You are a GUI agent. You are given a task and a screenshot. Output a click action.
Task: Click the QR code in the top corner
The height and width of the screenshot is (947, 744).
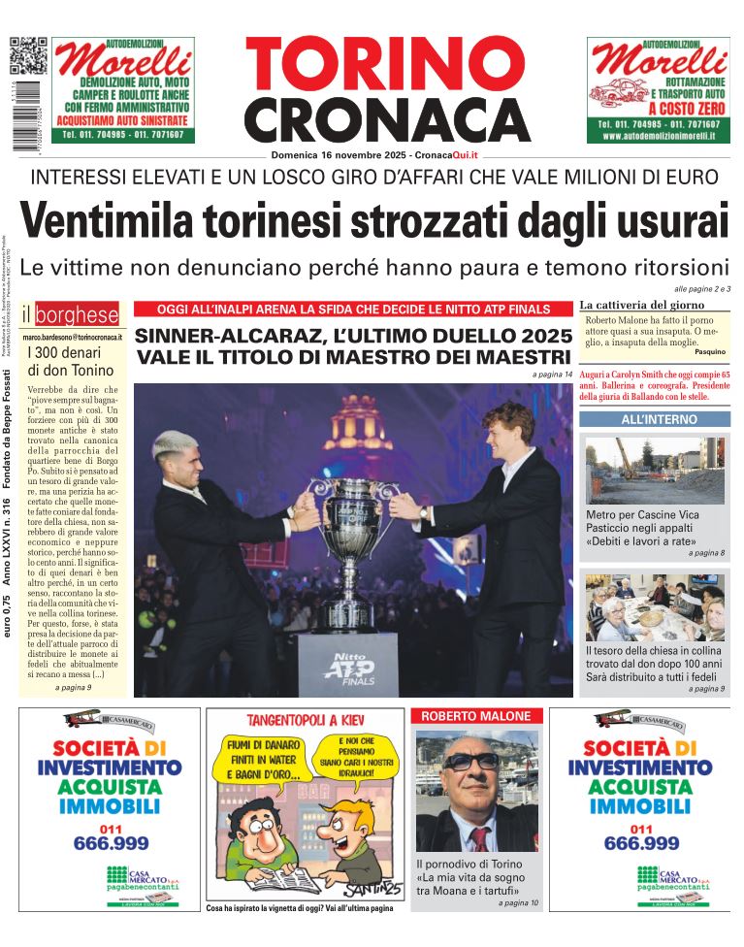pyautogui.click(x=28, y=55)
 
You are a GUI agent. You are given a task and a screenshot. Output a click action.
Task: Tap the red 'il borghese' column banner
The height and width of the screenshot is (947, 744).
pyautogui.click(x=71, y=314)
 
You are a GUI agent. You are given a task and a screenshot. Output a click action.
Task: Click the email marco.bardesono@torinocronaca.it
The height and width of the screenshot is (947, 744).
pyautogui.click(x=72, y=335)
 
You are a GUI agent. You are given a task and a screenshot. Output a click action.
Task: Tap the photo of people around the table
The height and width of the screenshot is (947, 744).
pyautogui.click(x=655, y=606)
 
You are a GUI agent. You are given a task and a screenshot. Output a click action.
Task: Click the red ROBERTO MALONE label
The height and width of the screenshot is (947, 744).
pyautogui.click(x=475, y=716)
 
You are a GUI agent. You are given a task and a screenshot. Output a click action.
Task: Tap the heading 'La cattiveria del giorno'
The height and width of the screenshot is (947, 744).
pyautogui.click(x=641, y=305)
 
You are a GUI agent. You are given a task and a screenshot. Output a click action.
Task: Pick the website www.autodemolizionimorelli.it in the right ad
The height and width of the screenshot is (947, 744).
pyautogui.click(x=659, y=137)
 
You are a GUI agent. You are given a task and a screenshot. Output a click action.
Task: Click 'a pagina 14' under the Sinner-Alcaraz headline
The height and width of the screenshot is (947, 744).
pyautogui.click(x=552, y=375)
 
